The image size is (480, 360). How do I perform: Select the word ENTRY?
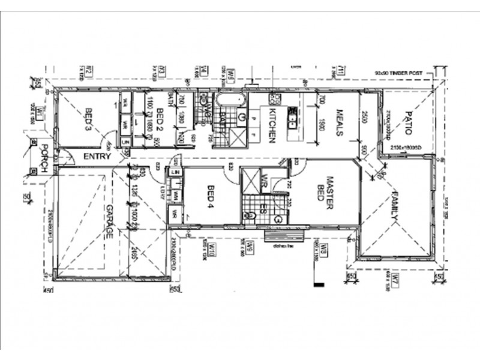(x=98, y=157)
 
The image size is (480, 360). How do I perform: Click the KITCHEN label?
(x=271, y=126)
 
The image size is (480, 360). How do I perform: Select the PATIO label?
(x=407, y=123)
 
